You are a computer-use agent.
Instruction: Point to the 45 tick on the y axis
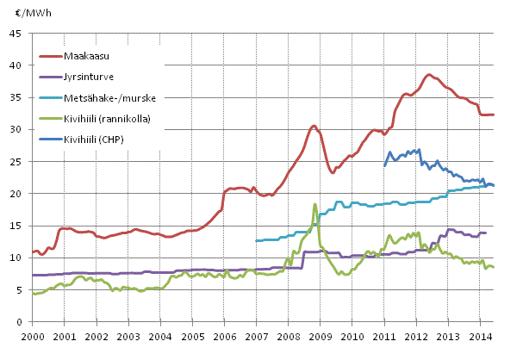click(x=16, y=34)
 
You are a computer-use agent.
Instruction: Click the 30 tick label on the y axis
click(x=16, y=129)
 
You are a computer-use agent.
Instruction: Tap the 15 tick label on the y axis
click(x=16, y=226)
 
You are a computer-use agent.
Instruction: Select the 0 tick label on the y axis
click(x=19, y=322)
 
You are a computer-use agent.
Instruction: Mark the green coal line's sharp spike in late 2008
click(x=315, y=204)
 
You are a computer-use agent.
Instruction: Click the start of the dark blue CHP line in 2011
click(x=384, y=165)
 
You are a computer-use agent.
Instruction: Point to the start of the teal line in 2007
click(x=257, y=241)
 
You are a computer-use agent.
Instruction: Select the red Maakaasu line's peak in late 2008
click(x=314, y=126)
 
